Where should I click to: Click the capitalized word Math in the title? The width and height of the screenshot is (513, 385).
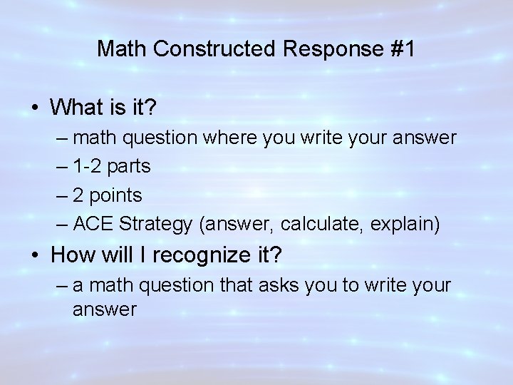coord(121,48)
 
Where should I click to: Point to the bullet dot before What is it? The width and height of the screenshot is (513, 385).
coord(34,108)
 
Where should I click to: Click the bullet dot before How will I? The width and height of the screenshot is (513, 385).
coord(34,255)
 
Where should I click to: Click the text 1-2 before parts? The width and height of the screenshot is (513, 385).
coord(88,166)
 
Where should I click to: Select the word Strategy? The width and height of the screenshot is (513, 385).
coord(156,225)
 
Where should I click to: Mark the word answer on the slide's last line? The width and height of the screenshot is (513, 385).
coord(104,309)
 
